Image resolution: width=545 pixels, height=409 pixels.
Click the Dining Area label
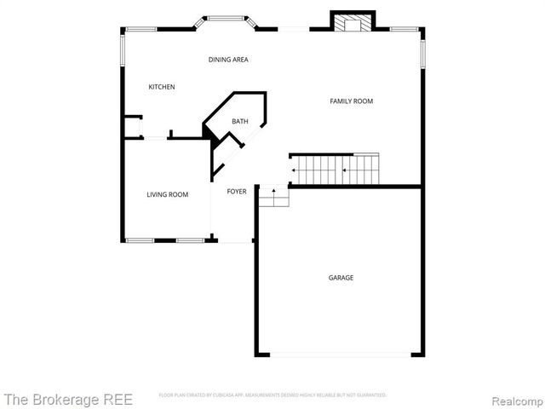tap(228, 60)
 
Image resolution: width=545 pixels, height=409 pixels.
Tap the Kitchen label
tap(162, 87)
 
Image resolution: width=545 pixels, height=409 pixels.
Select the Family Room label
tap(352, 101)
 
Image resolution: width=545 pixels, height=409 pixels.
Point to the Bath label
tap(240, 122)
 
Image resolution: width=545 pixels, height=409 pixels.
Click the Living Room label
tap(167, 195)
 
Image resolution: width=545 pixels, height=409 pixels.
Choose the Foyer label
tap(237, 192)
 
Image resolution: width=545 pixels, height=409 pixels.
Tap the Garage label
tap(341, 278)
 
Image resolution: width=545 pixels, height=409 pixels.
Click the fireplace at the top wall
tap(352, 23)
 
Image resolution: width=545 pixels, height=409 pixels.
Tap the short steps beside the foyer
tap(273, 197)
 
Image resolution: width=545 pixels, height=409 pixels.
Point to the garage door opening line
tap(340, 355)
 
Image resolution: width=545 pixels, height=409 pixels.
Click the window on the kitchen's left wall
tap(123, 55)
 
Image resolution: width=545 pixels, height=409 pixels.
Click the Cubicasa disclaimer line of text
tap(272, 395)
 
